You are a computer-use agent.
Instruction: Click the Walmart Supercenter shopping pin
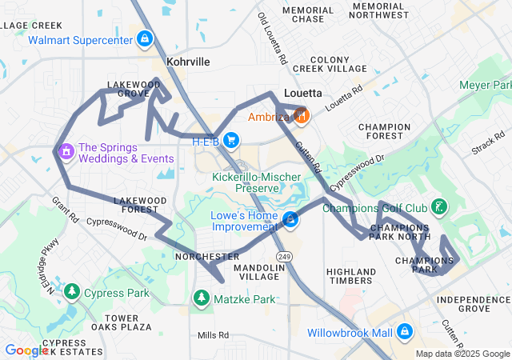144,38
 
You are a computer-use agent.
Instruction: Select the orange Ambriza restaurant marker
301,117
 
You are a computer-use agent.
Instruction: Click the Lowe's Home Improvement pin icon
291,219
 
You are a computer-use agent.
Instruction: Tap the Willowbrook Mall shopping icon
404,330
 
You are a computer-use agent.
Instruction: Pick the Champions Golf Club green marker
438,208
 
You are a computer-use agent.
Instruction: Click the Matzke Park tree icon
201,298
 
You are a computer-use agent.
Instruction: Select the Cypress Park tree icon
72,292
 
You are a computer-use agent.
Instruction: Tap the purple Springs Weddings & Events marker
66,150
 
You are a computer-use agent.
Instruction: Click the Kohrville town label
188,61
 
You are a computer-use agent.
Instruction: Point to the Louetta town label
303,93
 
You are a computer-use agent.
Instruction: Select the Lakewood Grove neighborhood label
134,89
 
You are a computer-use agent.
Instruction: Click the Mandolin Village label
258,271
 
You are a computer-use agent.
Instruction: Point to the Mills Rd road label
213,335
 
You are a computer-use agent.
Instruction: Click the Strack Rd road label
488,146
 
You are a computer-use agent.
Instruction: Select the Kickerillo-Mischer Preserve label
246,182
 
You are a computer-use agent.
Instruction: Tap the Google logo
26,350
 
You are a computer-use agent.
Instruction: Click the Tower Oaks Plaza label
127,322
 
